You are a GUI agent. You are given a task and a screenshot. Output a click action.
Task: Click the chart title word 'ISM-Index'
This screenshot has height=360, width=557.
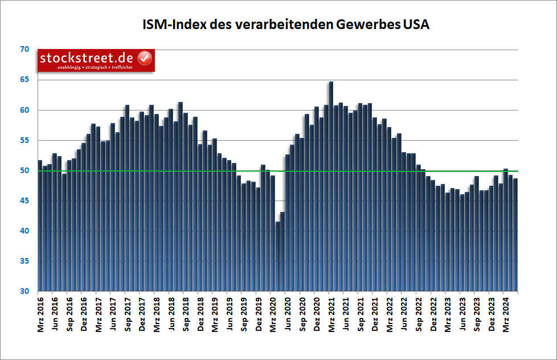pos(173,25)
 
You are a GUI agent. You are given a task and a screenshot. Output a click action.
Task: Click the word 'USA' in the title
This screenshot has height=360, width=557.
pos(416,25)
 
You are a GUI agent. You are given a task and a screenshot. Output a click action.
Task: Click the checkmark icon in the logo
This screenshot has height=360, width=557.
pos(145,58)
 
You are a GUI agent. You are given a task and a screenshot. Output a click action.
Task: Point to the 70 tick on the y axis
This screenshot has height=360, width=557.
pos(24,50)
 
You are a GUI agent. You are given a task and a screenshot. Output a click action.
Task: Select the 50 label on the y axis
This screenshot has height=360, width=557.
pos(24,170)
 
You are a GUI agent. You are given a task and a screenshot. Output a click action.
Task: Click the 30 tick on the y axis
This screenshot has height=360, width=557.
pos(24,291)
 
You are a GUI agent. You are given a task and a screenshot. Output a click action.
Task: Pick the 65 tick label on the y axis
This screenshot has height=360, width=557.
pos(24,80)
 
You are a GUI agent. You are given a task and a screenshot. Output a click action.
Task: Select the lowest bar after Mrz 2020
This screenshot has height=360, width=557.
pos(278,256)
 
